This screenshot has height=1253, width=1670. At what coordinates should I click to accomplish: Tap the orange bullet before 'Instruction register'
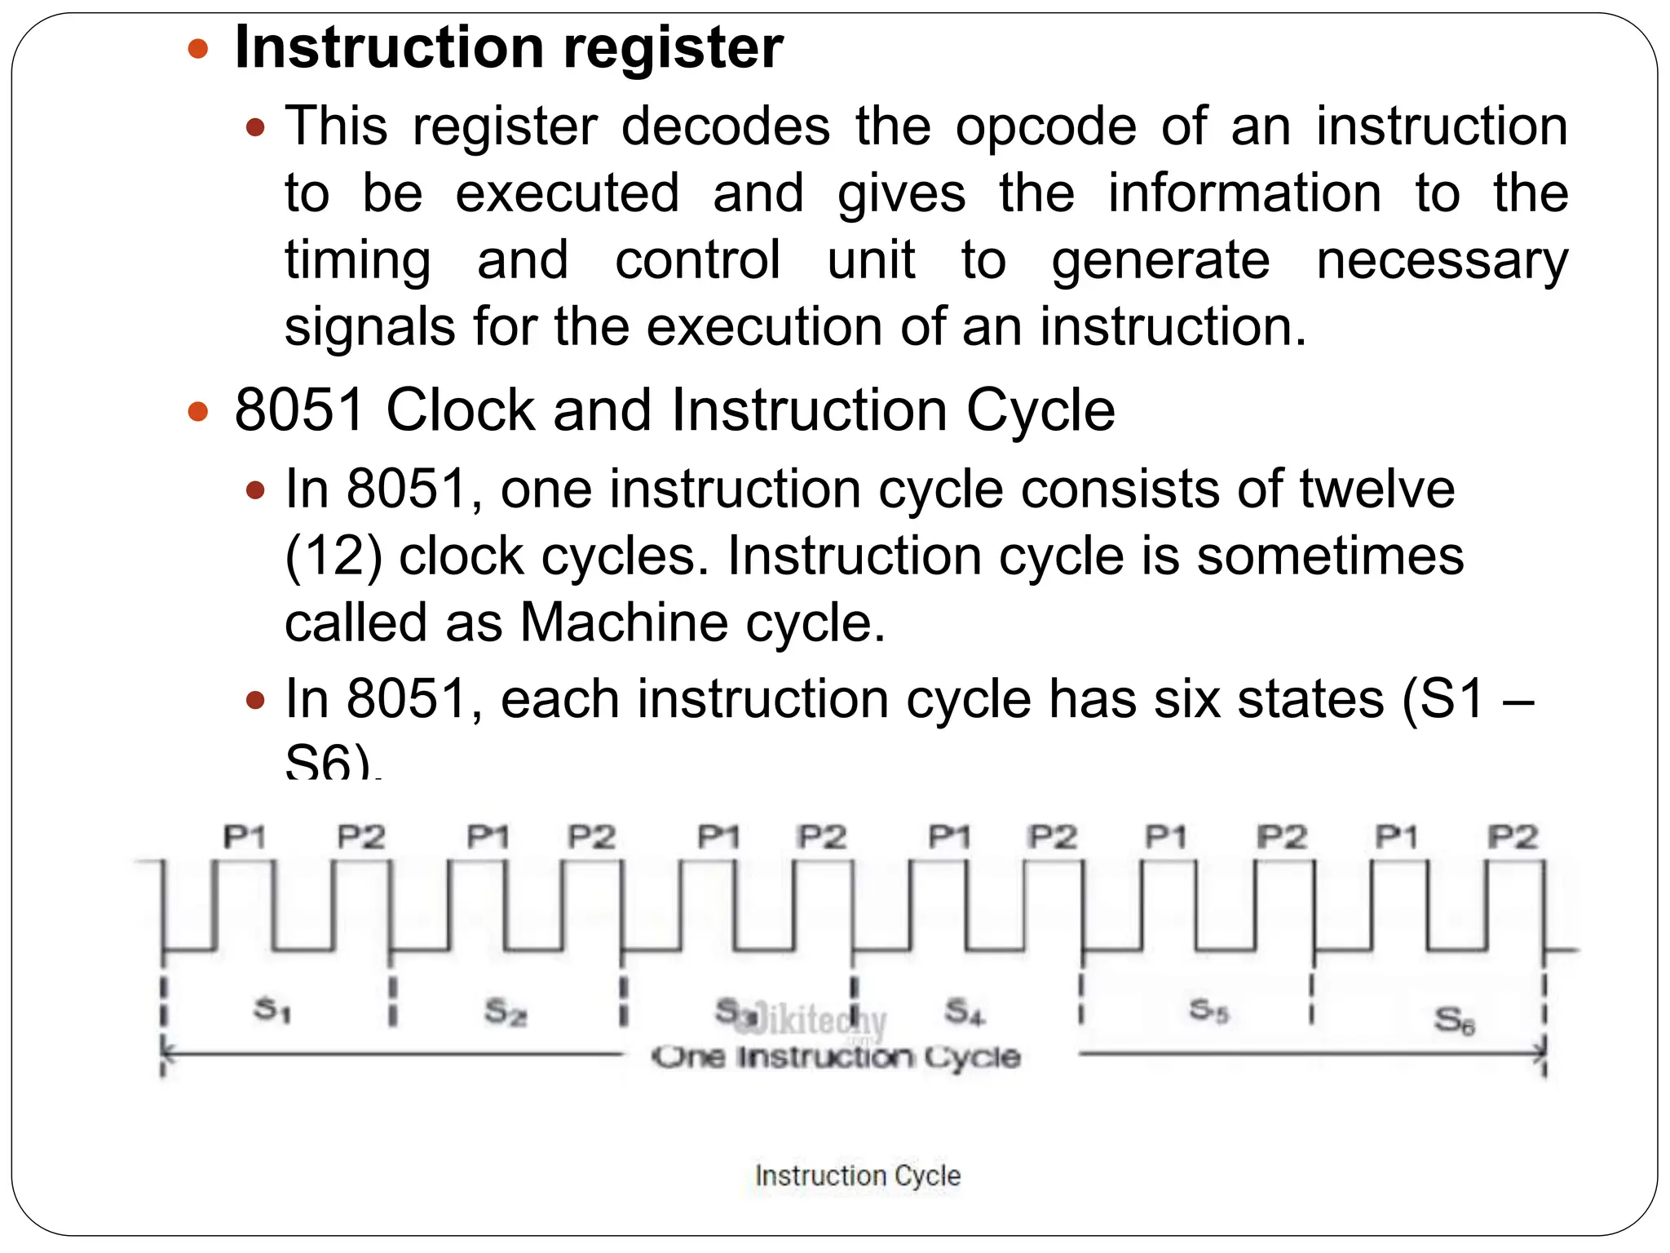tap(198, 49)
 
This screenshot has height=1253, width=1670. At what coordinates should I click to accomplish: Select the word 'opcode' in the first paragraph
tap(1045, 127)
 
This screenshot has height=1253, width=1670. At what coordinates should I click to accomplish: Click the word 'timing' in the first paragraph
tap(357, 261)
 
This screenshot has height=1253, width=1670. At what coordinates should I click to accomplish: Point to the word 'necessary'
tap(1442, 261)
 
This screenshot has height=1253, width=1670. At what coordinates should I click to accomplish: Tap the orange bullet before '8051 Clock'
tap(198, 410)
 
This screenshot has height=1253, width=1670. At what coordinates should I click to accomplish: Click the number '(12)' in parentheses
tap(334, 557)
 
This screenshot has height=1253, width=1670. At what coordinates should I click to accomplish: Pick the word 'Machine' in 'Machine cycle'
tap(624, 623)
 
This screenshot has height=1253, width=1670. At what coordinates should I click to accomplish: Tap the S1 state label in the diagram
tap(272, 1010)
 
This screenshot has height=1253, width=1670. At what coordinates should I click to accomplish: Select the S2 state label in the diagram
tap(506, 1012)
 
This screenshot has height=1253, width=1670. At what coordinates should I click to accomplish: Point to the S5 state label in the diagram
tap(1208, 1011)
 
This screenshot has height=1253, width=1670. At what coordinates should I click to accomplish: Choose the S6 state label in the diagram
tap(1454, 1020)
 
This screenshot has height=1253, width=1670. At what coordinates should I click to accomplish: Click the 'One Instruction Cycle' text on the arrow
tap(837, 1057)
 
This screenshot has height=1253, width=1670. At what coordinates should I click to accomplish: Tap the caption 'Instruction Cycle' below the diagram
tap(857, 1176)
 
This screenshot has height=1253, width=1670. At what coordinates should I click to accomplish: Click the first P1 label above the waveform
tap(245, 837)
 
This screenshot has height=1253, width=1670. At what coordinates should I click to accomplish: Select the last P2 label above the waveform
tap(1513, 837)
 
